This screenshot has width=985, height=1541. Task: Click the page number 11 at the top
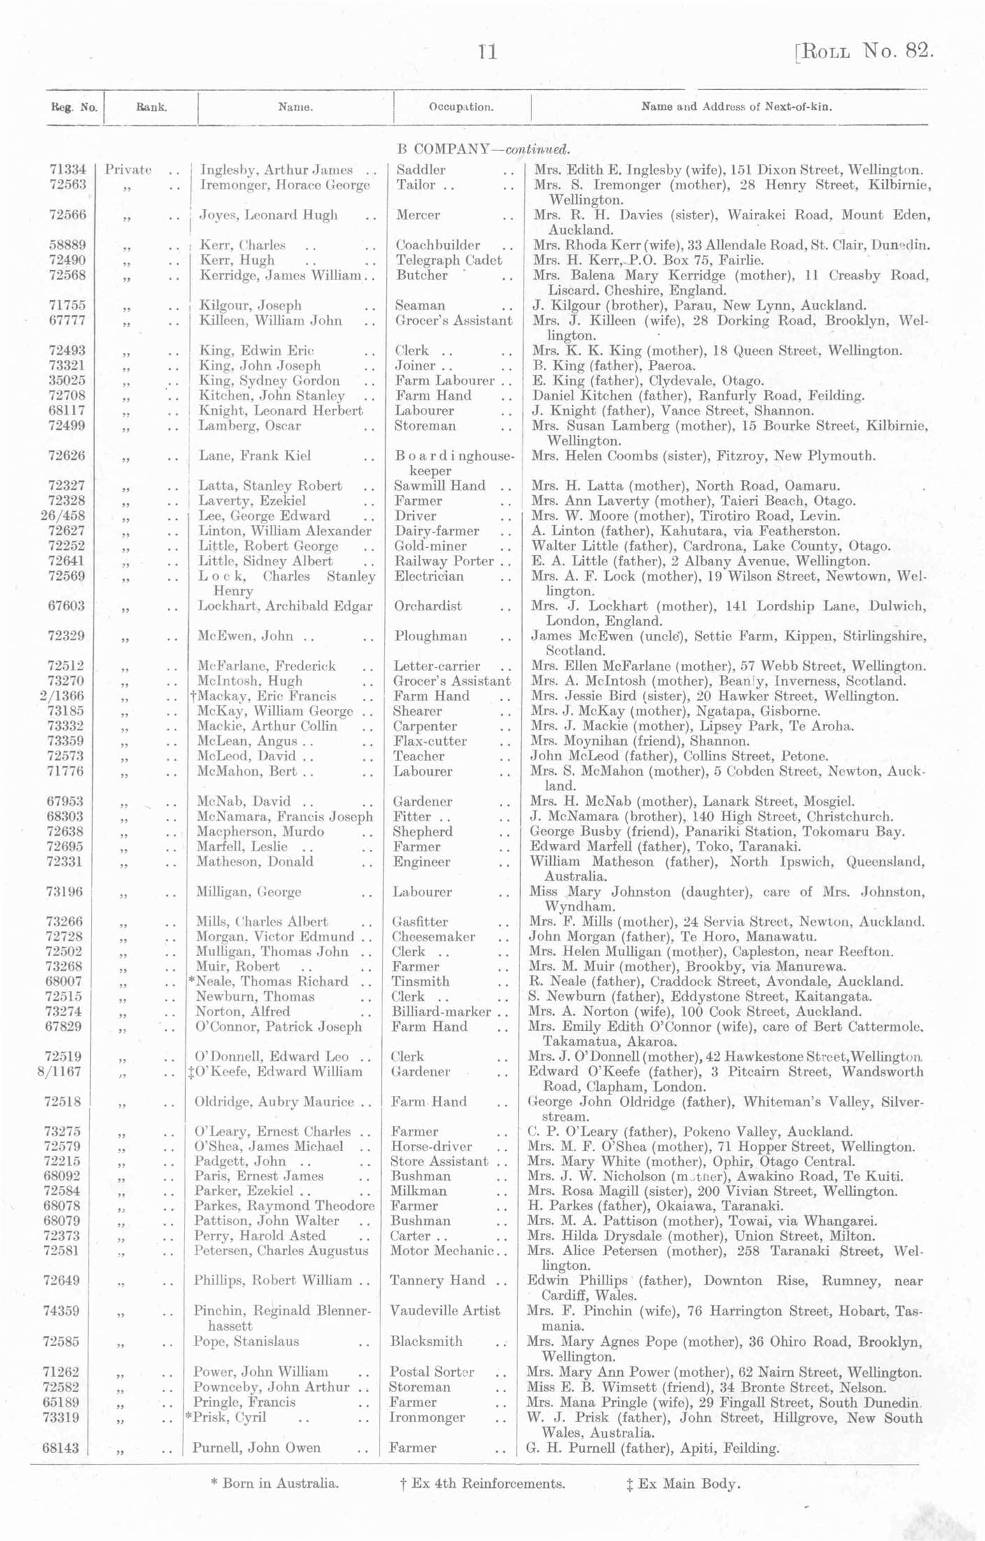(487, 52)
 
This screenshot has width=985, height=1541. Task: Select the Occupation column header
(461, 108)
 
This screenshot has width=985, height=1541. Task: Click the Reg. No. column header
(74, 108)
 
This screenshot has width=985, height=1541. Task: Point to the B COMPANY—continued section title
(483, 149)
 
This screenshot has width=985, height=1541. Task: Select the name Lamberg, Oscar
(250, 426)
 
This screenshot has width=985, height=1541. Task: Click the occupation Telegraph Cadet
(448, 260)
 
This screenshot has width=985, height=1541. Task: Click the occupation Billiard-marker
(441, 1011)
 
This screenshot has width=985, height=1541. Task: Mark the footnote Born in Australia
(275, 1483)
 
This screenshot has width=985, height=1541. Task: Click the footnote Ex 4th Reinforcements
(479, 1483)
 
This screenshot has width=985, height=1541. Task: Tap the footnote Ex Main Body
(683, 1483)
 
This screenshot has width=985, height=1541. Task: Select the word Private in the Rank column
(129, 170)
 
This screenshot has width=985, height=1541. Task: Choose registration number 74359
(63, 1310)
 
